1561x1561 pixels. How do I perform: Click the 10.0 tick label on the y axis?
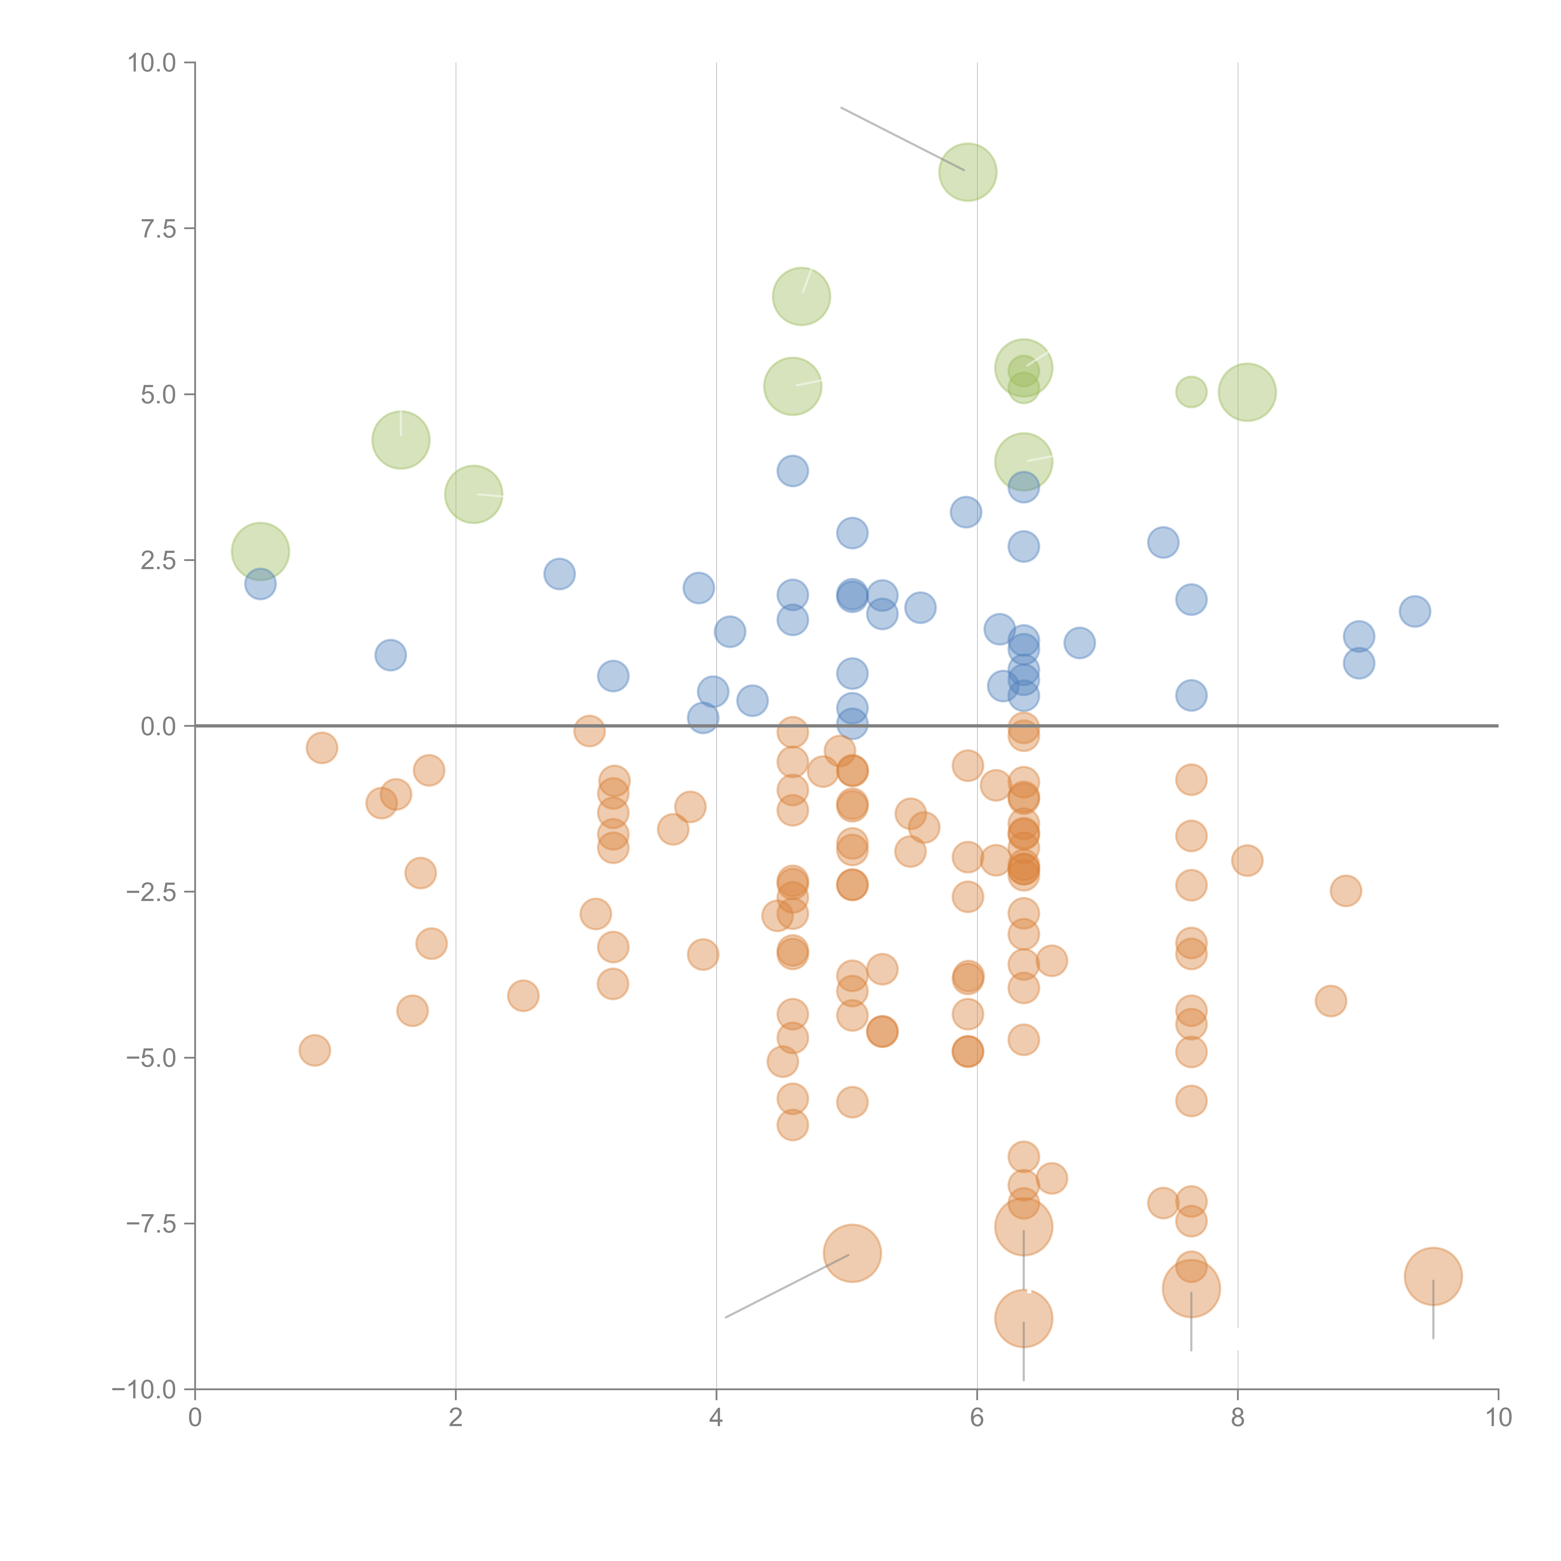(x=152, y=63)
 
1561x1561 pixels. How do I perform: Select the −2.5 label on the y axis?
(x=152, y=892)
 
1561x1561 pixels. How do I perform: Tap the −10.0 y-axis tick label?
(x=145, y=1390)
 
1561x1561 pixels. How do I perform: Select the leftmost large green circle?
(x=260, y=551)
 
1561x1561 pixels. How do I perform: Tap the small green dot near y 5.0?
(x=1191, y=392)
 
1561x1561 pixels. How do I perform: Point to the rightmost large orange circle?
(x=1433, y=1277)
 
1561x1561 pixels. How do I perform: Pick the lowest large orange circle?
(x=1024, y=1319)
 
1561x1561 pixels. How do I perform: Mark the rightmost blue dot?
(x=1415, y=611)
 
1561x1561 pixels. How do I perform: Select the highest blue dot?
(x=793, y=470)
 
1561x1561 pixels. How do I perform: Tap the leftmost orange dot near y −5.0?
(x=314, y=1050)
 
